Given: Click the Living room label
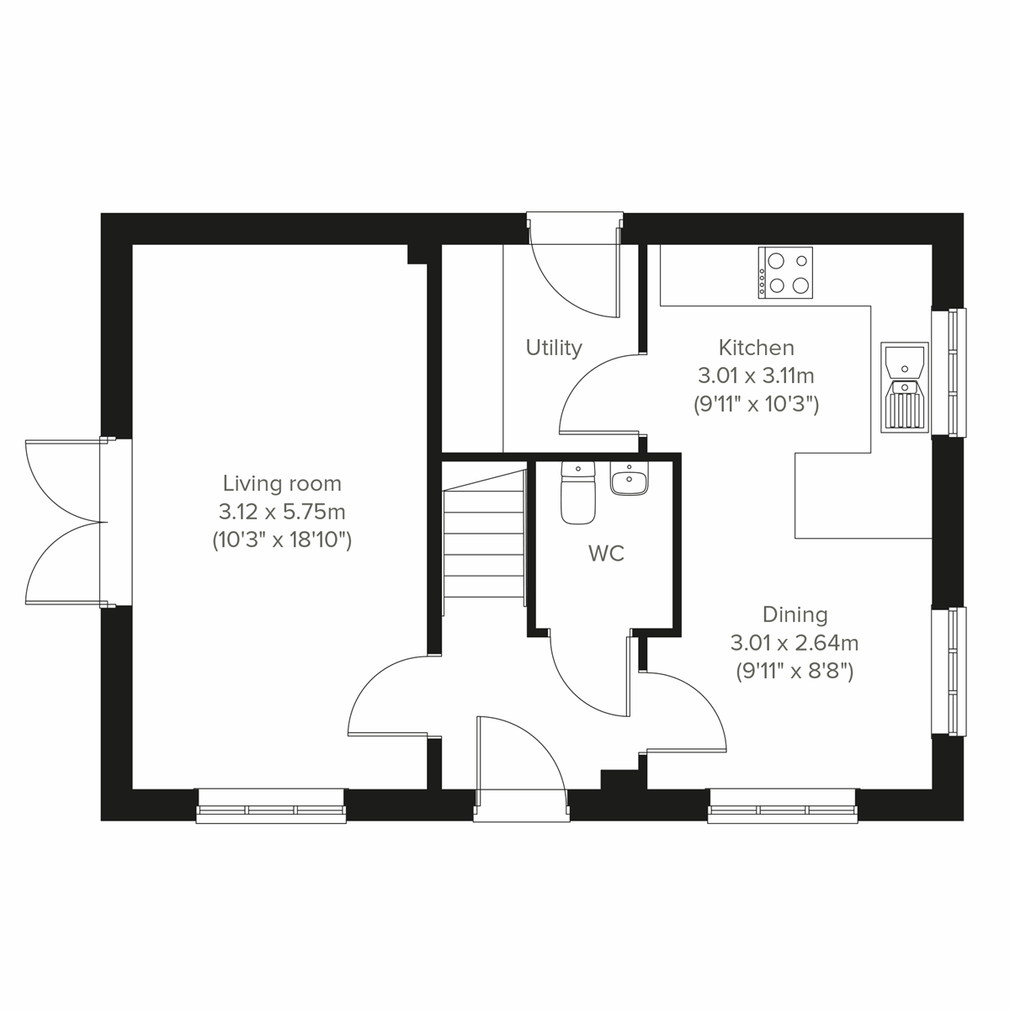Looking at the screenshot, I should click(282, 484).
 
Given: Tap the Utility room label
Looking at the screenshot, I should click(554, 348).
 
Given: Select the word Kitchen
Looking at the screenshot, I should click(756, 348).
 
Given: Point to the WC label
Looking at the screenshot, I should click(606, 554).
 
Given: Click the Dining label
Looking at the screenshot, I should click(795, 615).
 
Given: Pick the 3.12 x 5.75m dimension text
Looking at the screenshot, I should click(282, 512).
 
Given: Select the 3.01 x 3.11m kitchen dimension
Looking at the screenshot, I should click(756, 375).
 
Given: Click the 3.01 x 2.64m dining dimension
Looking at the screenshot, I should click(795, 644).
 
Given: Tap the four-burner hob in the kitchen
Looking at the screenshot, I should click(786, 272).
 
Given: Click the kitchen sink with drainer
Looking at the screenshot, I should click(904, 387).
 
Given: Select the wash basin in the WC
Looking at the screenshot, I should click(629, 481).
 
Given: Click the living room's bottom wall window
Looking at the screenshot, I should click(271, 806).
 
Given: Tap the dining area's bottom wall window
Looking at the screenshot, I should click(783, 806).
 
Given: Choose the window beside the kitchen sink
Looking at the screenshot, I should click(949, 372).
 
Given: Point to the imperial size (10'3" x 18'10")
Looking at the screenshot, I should click(282, 540).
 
